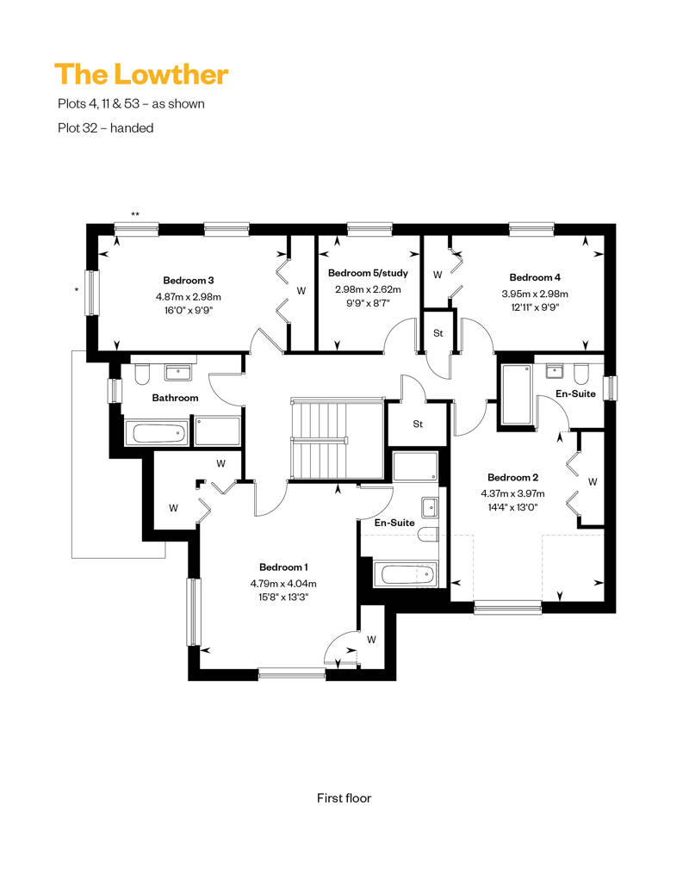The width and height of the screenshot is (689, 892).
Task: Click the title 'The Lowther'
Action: (141, 75)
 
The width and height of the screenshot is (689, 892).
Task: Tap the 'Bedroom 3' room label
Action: (189, 281)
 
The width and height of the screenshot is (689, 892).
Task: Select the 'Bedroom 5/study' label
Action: (368, 273)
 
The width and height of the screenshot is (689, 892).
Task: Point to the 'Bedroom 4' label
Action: (535, 277)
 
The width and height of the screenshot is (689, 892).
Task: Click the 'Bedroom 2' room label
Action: (512, 477)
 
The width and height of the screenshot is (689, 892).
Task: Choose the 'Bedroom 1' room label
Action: (283, 567)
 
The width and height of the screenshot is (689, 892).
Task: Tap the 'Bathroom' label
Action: (175, 398)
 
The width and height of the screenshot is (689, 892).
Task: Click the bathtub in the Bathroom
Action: (157, 434)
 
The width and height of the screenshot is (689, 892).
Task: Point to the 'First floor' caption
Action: (344, 798)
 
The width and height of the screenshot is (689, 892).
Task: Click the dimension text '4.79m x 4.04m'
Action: (283, 584)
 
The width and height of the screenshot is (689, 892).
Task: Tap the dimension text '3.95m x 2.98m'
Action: (535, 294)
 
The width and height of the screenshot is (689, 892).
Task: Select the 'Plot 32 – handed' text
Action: (106, 128)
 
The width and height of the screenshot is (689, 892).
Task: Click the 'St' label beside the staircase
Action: (418, 424)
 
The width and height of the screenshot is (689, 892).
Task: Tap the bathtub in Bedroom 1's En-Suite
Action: (405, 574)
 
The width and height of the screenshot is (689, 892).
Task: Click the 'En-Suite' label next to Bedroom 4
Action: (576, 393)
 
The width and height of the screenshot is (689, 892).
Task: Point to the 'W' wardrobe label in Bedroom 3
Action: (301, 291)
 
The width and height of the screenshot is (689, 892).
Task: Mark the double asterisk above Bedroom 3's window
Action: (135, 214)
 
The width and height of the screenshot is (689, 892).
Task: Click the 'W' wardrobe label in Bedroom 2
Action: (593, 482)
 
